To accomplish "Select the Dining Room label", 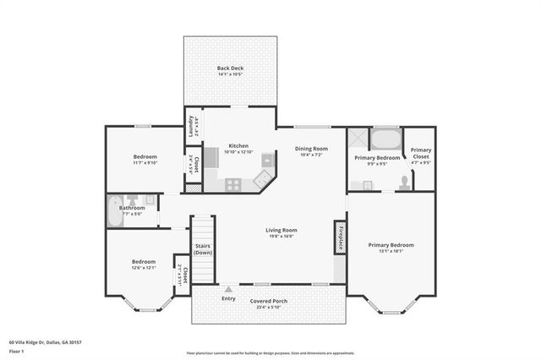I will [x=311, y=149].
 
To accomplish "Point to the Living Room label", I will [x=281, y=230].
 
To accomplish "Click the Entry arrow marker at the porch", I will [x=227, y=288].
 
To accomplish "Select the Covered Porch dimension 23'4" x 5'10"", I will [x=268, y=308].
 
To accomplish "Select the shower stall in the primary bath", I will [x=358, y=137].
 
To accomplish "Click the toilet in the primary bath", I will [x=407, y=181].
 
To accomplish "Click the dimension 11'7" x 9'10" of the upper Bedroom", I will [x=145, y=164].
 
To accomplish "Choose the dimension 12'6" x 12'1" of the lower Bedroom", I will [x=143, y=268].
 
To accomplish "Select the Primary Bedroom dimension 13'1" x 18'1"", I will [x=391, y=251].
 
